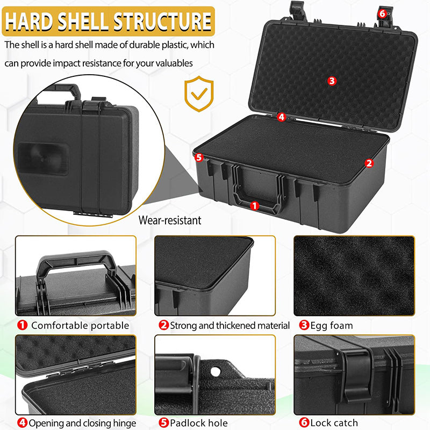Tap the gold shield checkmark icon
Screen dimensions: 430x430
tap(199, 95)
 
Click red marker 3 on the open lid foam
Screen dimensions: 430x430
tap(332, 81)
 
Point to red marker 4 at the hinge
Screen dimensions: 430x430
tap(282, 117)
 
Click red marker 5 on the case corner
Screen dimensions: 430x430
tap(199, 157)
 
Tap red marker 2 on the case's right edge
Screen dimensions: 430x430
tap(369, 162)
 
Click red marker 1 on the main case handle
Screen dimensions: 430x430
tap(255, 205)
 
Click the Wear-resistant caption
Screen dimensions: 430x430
tap(170, 220)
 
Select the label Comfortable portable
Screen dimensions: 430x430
tap(80, 325)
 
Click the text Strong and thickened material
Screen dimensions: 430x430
tap(230, 325)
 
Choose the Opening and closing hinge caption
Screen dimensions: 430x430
tap(83, 424)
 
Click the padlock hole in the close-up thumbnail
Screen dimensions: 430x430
tap(216, 371)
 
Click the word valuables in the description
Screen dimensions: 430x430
tap(174, 63)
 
